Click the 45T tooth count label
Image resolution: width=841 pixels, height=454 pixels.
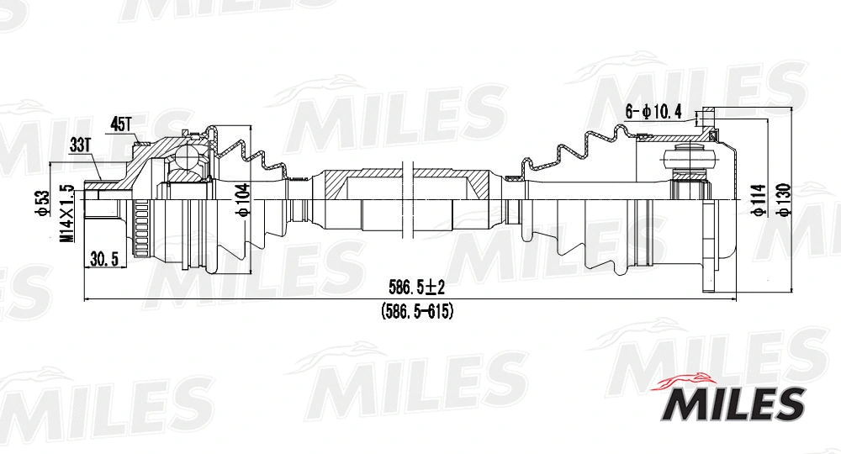click(121, 124)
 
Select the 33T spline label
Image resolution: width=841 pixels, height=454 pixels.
click(80, 145)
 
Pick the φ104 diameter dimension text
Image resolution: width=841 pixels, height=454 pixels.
click(243, 199)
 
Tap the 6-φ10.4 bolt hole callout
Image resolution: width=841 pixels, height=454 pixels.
click(652, 111)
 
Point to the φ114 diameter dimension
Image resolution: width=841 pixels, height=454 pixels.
click(759, 200)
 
